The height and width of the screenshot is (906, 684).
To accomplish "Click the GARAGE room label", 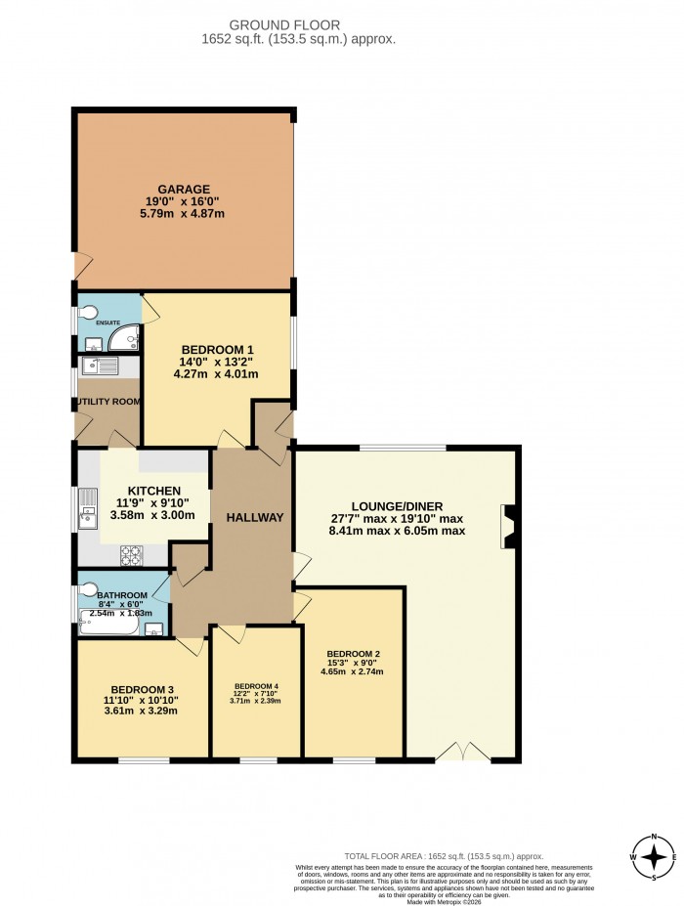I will point(184,189).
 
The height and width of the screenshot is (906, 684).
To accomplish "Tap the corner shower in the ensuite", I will point(125,337).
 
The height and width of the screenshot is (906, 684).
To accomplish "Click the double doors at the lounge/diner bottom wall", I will point(462,751).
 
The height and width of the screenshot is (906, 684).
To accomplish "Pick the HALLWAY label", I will point(255,517).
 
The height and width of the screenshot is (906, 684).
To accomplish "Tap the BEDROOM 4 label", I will point(256,686).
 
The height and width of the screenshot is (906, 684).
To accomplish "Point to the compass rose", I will point(653,857).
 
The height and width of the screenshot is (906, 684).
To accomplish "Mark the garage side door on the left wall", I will point(81,264).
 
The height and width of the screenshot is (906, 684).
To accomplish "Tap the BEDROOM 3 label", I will point(142,687).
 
